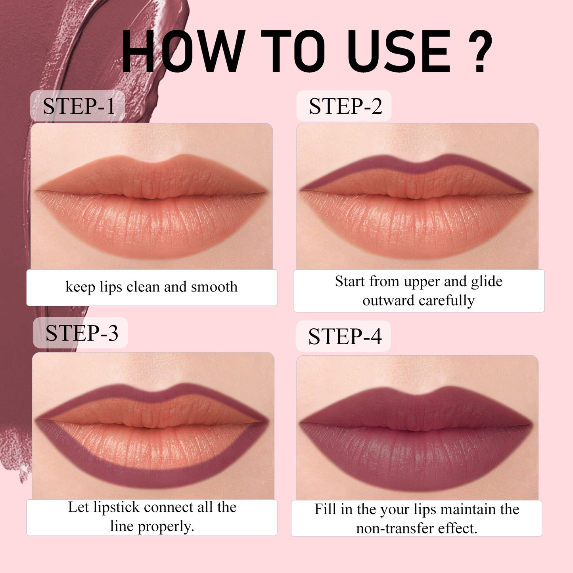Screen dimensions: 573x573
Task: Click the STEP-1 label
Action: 79,106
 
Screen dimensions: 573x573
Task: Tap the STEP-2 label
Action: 345,106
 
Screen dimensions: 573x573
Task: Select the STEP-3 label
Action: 81,333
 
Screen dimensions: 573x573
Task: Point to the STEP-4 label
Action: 344,336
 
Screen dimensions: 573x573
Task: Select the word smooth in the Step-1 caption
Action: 214,287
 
